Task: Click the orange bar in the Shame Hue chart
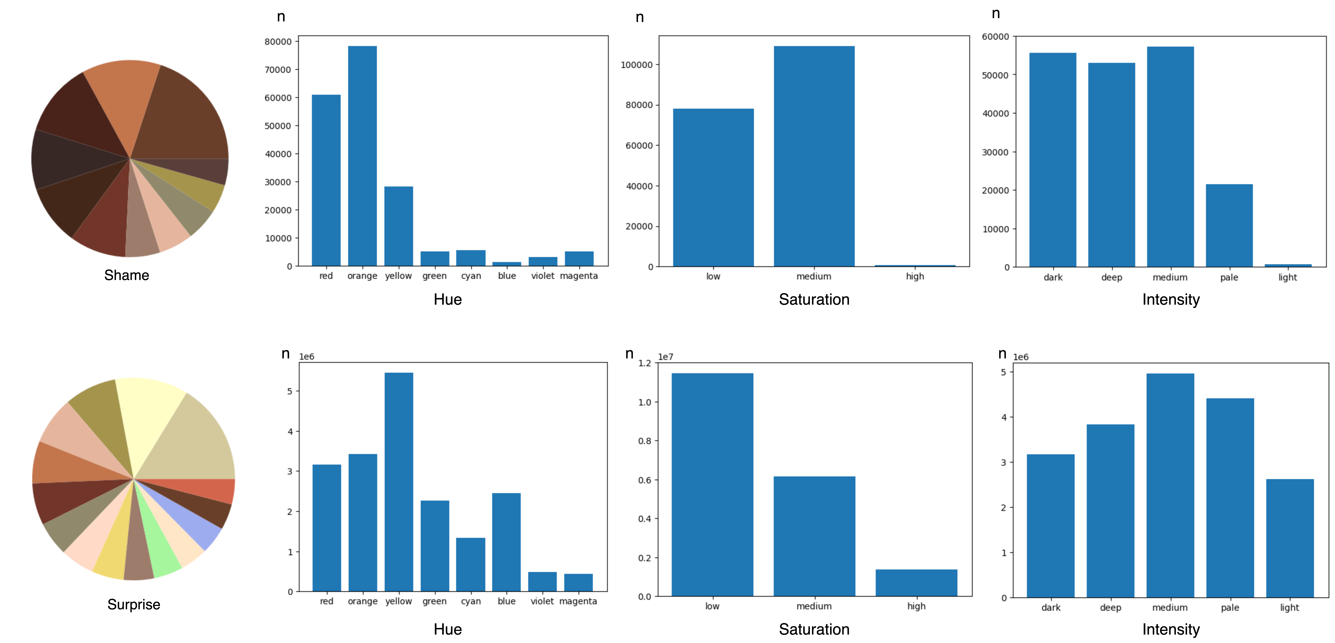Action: click(x=362, y=155)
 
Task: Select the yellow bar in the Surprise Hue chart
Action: click(x=398, y=481)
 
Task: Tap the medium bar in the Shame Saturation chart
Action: click(x=814, y=155)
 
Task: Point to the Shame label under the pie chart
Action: click(x=126, y=275)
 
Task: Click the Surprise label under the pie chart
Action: click(x=134, y=604)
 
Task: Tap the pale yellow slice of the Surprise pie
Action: click(x=150, y=409)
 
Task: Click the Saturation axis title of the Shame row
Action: click(x=814, y=299)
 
